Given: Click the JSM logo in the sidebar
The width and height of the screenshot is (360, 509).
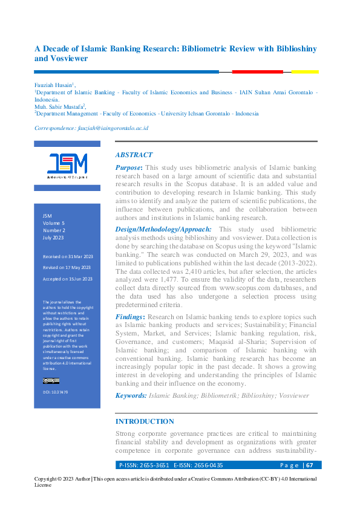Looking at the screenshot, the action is click(67, 164).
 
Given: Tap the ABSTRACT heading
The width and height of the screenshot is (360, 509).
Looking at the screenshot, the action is click(134, 155).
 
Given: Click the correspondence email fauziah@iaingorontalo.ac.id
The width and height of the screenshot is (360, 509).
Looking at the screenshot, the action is click(113, 128).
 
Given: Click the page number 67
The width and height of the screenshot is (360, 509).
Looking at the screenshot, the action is click(309, 465).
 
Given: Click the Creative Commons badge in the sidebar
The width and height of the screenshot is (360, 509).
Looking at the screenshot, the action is click(51, 381).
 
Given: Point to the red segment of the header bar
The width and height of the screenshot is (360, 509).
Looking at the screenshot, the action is click(257, 72).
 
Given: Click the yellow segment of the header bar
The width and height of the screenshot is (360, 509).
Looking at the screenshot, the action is click(305, 72).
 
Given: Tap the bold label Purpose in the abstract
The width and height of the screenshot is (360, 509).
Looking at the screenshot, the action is click(128, 167).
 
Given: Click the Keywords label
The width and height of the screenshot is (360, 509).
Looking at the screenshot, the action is click(131, 395).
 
